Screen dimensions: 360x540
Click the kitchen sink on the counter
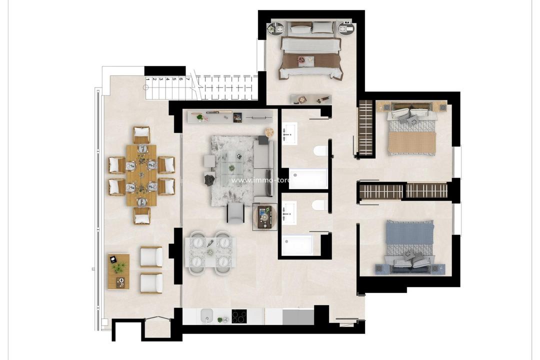pyautogui.click(x=207, y=316)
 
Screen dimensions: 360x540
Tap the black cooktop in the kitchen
pyautogui.click(x=239, y=316)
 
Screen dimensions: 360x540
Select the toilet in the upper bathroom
pyautogui.click(x=320, y=150)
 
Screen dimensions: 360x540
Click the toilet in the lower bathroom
pyautogui.click(x=319, y=205)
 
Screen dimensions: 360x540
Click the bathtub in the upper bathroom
pyautogui.click(x=308, y=179)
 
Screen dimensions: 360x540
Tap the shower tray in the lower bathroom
pyautogui.click(x=297, y=245)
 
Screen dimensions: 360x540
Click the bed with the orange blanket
pyautogui.click(x=412, y=131)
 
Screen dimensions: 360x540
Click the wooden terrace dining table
pyautogui.click(x=141, y=175)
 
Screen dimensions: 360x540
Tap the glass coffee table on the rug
pyautogui.click(x=231, y=163)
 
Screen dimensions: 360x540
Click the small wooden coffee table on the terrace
pyautogui.click(x=118, y=271)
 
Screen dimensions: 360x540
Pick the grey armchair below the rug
pyautogui.click(x=235, y=213)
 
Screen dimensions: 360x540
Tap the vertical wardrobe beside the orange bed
pyautogui.click(x=366, y=128)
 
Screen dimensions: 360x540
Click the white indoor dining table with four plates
pyautogui.click(x=210, y=252)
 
